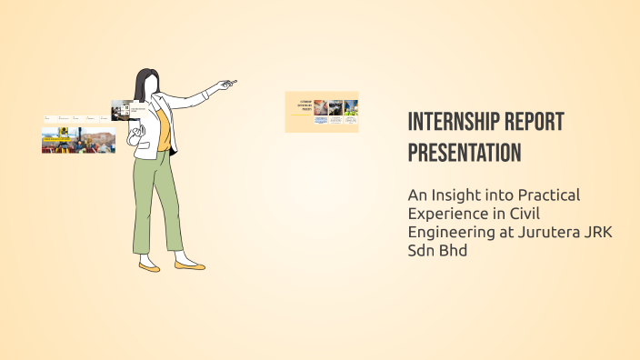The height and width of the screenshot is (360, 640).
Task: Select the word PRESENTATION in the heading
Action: click(x=464, y=153)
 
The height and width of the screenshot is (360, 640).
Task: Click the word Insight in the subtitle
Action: click(x=456, y=195)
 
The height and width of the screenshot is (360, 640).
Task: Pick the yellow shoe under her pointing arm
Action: click(x=190, y=266)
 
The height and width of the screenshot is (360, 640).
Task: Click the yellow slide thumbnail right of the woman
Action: click(x=321, y=112)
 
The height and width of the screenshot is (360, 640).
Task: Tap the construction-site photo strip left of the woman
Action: click(x=78, y=140)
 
